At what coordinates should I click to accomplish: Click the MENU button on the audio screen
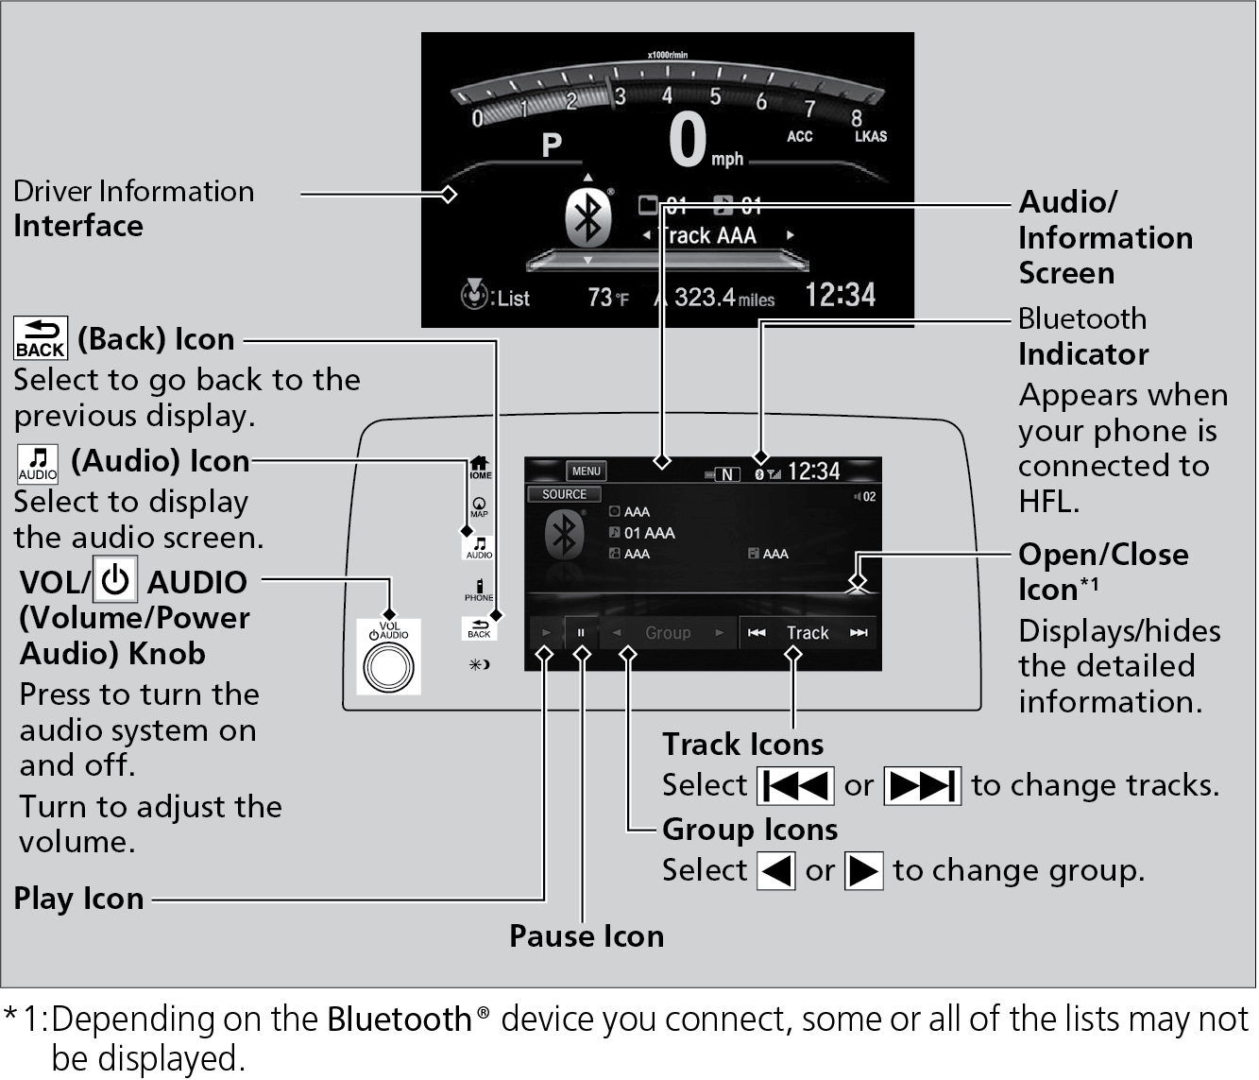[x=586, y=471]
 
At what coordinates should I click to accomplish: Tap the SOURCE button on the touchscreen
[x=564, y=494]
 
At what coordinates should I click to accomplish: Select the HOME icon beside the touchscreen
[x=480, y=466]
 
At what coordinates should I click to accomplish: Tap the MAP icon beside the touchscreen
[x=480, y=507]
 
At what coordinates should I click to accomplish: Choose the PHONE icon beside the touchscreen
[x=479, y=590]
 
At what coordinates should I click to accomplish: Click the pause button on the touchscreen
[x=581, y=632]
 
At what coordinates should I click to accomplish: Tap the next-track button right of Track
[x=858, y=632]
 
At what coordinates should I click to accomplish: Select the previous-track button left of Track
[x=757, y=632]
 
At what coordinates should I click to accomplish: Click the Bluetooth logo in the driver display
[x=587, y=217]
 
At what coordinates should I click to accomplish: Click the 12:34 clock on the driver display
[x=840, y=295]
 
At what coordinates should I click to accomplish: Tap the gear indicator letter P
[x=552, y=145]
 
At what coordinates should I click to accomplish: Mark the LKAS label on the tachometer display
[x=870, y=136]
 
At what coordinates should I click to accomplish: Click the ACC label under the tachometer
[x=799, y=136]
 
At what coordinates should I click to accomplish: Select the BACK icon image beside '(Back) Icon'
[x=41, y=338]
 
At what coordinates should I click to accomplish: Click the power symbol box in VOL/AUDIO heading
[x=115, y=580]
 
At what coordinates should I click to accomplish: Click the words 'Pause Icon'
[x=587, y=935]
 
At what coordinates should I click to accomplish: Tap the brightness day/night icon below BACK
[x=479, y=664]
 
